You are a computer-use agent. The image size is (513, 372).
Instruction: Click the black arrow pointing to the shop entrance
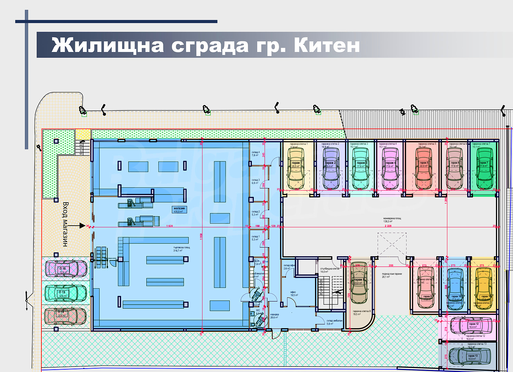tap(81, 226)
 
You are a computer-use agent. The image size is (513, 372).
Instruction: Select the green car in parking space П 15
tap(66, 293)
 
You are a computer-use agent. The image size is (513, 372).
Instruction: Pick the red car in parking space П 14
tap(66, 316)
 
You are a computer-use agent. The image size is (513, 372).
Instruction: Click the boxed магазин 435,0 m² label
tap(179, 210)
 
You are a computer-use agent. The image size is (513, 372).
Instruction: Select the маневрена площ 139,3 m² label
tap(392, 220)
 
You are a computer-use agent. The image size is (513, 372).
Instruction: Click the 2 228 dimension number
tap(388, 226)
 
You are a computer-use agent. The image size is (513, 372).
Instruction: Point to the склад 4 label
tap(255, 154)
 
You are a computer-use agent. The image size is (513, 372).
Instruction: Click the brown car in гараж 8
tap(359, 283)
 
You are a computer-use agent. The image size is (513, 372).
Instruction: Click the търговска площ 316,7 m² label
tap(181, 249)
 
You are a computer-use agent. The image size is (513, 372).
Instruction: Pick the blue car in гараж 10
tap(455, 289)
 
